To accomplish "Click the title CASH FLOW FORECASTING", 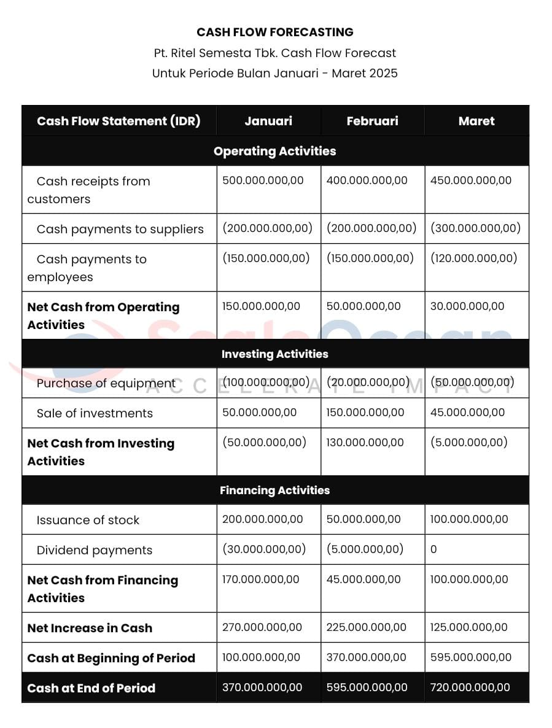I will [275, 32].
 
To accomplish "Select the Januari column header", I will [268, 121].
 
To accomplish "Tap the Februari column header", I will [372, 121].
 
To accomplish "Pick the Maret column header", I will [476, 121].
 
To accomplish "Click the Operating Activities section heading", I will [275, 151].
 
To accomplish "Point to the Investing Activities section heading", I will [275, 354].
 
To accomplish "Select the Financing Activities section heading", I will [275, 490].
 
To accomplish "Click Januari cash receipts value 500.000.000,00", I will [263, 180].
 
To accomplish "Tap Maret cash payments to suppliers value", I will [475, 228].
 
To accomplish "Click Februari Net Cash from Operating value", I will [363, 306].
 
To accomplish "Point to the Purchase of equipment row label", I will [106, 384].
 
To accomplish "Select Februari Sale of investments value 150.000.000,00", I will [365, 412].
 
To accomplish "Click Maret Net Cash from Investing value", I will [468, 443].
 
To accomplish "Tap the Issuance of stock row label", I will [88, 520].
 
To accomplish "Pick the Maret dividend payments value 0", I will [433, 549].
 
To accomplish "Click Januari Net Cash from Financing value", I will [261, 579].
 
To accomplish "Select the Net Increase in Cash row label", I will [90, 628].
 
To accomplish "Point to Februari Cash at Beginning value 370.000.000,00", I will [366, 657].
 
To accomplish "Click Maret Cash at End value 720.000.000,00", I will [470, 687].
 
